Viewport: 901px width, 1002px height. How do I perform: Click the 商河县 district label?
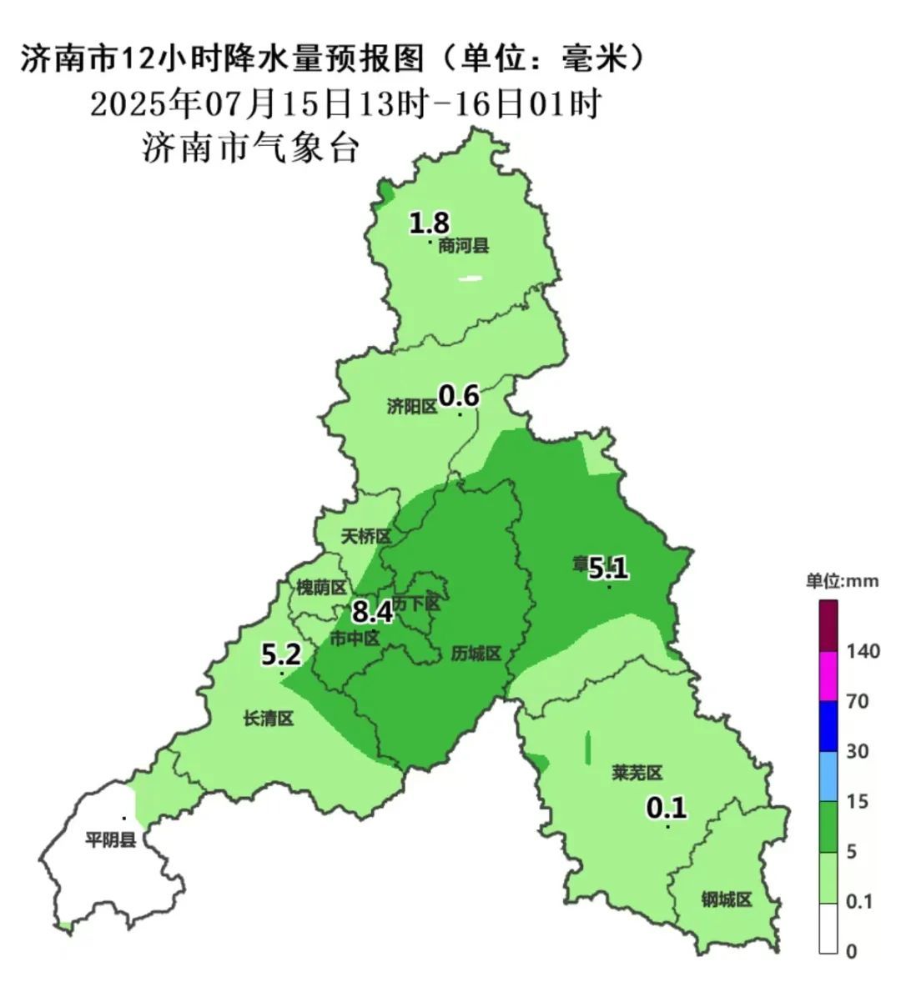pyautogui.click(x=464, y=246)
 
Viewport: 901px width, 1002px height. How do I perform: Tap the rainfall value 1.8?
pyautogui.click(x=430, y=223)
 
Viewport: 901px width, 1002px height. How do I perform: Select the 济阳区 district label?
pyautogui.click(x=412, y=406)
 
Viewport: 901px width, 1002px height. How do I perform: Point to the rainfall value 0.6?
pyautogui.click(x=459, y=395)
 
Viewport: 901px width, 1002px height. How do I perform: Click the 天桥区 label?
pyautogui.click(x=365, y=536)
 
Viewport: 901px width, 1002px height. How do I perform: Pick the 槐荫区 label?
pyautogui.click(x=321, y=588)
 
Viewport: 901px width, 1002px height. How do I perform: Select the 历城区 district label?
pyautogui.click(x=476, y=654)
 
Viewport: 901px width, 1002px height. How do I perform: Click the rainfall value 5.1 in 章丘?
pyautogui.click(x=608, y=569)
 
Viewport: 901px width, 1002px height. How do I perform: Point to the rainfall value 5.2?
pyautogui.click(x=281, y=654)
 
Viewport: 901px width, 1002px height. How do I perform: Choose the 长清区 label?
pyautogui.click(x=269, y=719)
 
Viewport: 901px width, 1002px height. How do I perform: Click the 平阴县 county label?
pyautogui.click(x=110, y=840)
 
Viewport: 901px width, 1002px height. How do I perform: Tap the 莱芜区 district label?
pyautogui.click(x=637, y=774)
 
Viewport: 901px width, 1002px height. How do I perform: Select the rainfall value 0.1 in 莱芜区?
pyautogui.click(x=667, y=807)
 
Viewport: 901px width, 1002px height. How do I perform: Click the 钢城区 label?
pyautogui.click(x=726, y=900)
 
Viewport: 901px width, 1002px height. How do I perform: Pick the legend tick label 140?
pyautogui.click(x=863, y=651)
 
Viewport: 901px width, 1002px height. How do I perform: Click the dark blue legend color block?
pyautogui.click(x=828, y=725)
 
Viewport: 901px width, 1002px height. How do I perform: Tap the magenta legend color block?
pyautogui.click(x=828, y=675)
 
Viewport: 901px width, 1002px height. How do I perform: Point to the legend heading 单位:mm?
pyautogui.click(x=841, y=581)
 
